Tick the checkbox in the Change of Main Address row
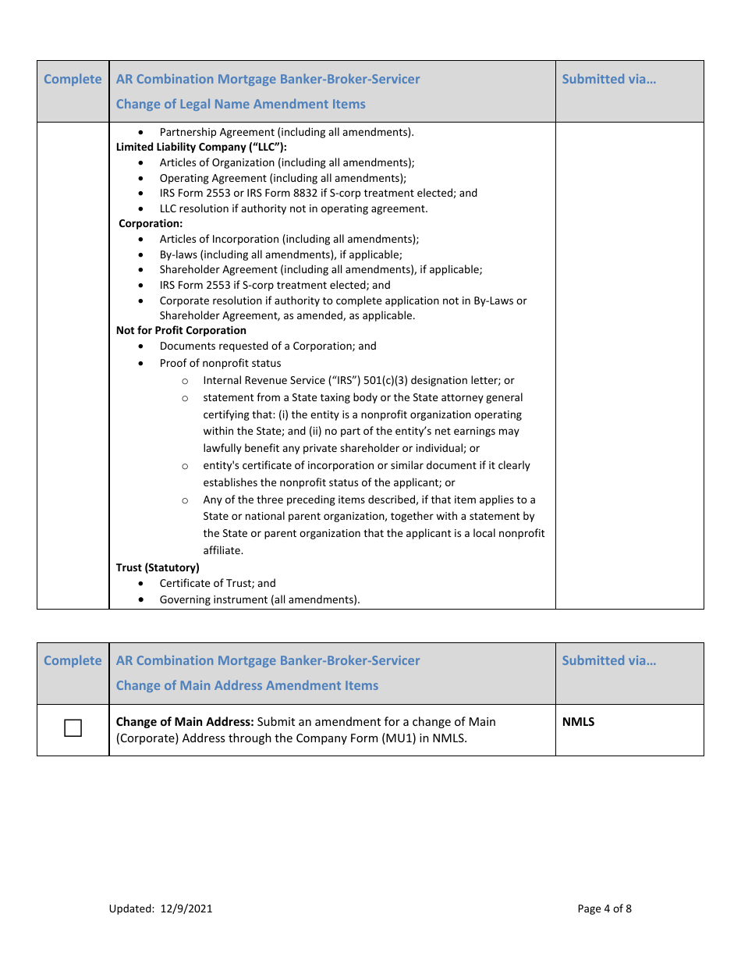(73, 729)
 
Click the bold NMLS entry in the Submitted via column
(578, 722)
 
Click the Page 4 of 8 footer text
(604, 908)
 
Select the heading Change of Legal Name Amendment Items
(240, 104)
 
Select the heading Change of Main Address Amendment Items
(246, 685)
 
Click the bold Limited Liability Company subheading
(201, 147)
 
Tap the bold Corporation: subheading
(151, 223)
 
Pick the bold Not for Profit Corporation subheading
(181, 330)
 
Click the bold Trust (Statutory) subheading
(158, 567)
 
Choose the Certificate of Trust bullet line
(218, 583)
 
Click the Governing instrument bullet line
(260, 599)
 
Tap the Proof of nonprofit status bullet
(220, 363)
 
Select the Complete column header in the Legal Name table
(73, 79)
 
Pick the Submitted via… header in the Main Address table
(608, 660)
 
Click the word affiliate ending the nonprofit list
(223, 550)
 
